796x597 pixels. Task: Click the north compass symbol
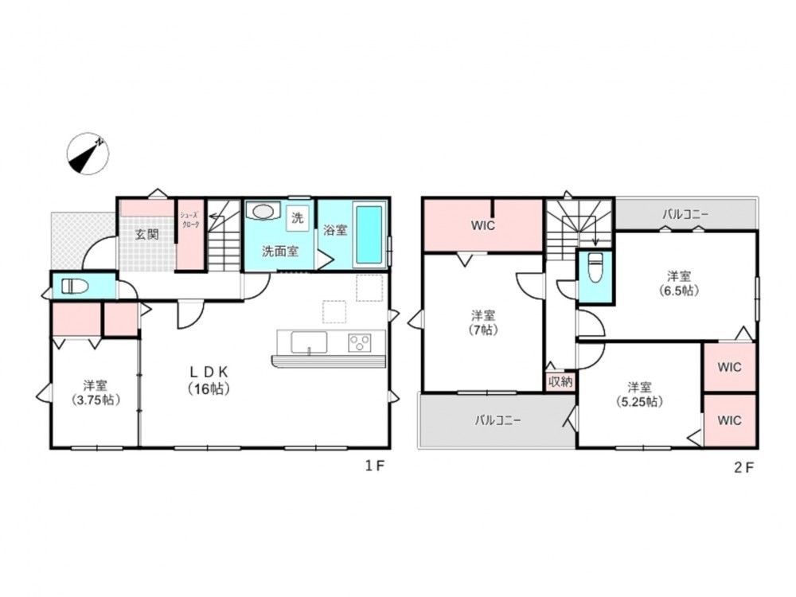click(x=88, y=154)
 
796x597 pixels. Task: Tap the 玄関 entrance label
click(x=147, y=234)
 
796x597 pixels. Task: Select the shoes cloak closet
click(x=190, y=234)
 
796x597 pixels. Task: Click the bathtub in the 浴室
click(x=369, y=235)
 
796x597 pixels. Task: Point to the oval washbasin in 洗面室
click(x=263, y=211)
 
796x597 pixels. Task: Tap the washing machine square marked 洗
click(x=298, y=218)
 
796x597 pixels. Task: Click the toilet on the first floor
click(x=75, y=287)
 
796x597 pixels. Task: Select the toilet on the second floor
click(x=595, y=268)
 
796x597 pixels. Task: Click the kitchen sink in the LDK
click(x=309, y=342)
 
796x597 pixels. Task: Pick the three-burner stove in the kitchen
click(x=360, y=342)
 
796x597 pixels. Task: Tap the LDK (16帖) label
click(x=209, y=380)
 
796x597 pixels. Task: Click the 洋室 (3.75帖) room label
click(x=96, y=392)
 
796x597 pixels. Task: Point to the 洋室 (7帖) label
click(x=483, y=322)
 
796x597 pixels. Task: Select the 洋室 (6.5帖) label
click(x=679, y=283)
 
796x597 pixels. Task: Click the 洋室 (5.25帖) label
click(x=640, y=395)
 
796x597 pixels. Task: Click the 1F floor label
click(x=375, y=466)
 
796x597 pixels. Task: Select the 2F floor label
click(x=744, y=467)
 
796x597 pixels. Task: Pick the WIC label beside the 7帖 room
click(x=483, y=226)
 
